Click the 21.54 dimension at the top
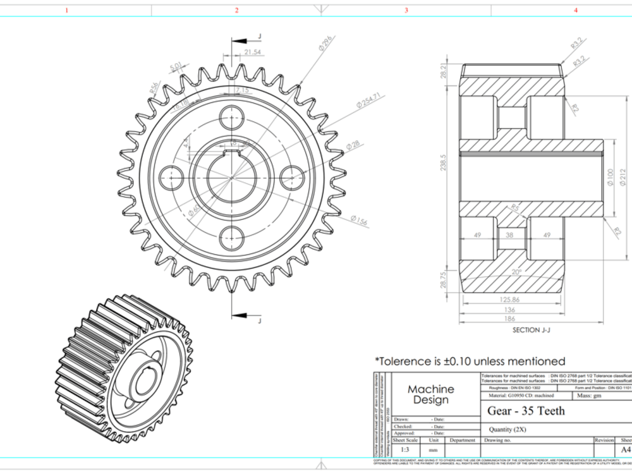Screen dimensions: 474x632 [x=252, y=52]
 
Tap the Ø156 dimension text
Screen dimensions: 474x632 [x=358, y=220]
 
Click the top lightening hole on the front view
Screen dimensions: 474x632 [x=231, y=117]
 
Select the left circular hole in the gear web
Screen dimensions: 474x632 [x=171, y=178]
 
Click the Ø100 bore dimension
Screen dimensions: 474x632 [x=610, y=178]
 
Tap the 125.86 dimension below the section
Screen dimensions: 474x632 [x=509, y=300]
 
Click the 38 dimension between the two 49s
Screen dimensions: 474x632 [x=510, y=234]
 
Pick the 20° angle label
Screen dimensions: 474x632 [x=517, y=271]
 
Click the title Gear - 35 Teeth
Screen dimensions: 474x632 [x=526, y=411]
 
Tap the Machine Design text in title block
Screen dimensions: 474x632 [x=430, y=394]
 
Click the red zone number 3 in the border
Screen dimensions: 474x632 [x=406, y=10]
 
